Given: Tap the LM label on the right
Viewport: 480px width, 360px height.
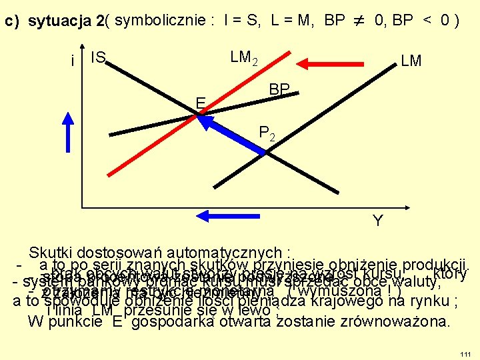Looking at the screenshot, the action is tap(411, 61).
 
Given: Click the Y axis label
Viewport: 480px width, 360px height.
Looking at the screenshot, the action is tap(377, 221).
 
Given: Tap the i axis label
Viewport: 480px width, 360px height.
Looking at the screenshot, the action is tap(72, 61).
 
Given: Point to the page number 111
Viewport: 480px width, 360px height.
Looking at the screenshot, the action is tap(465, 351).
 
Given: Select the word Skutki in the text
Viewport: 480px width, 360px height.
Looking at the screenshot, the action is tap(51, 253).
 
